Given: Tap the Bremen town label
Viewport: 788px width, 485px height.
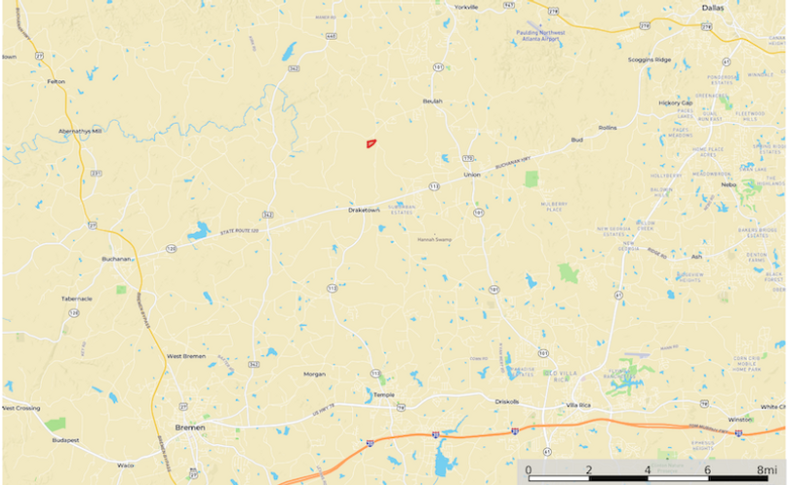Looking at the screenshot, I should (x=189, y=427).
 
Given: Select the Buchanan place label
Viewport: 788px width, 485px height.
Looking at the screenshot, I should (x=116, y=259).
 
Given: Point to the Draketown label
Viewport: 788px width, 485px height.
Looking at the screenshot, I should (x=364, y=210).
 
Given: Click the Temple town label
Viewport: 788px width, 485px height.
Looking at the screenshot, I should (x=384, y=394).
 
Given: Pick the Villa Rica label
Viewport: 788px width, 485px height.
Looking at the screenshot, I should (x=579, y=405).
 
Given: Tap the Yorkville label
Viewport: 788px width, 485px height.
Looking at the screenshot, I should (x=466, y=7).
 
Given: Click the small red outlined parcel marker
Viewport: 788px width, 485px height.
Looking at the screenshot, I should (x=371, y=143).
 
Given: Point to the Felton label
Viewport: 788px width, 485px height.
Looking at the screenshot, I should (x=56, y=81).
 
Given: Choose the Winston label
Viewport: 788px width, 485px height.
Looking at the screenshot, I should (x=740, y=420).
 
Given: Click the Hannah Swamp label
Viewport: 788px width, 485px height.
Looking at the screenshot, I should (x=435, y=239).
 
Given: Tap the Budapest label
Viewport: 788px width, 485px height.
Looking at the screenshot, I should (x=66, y=440).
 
